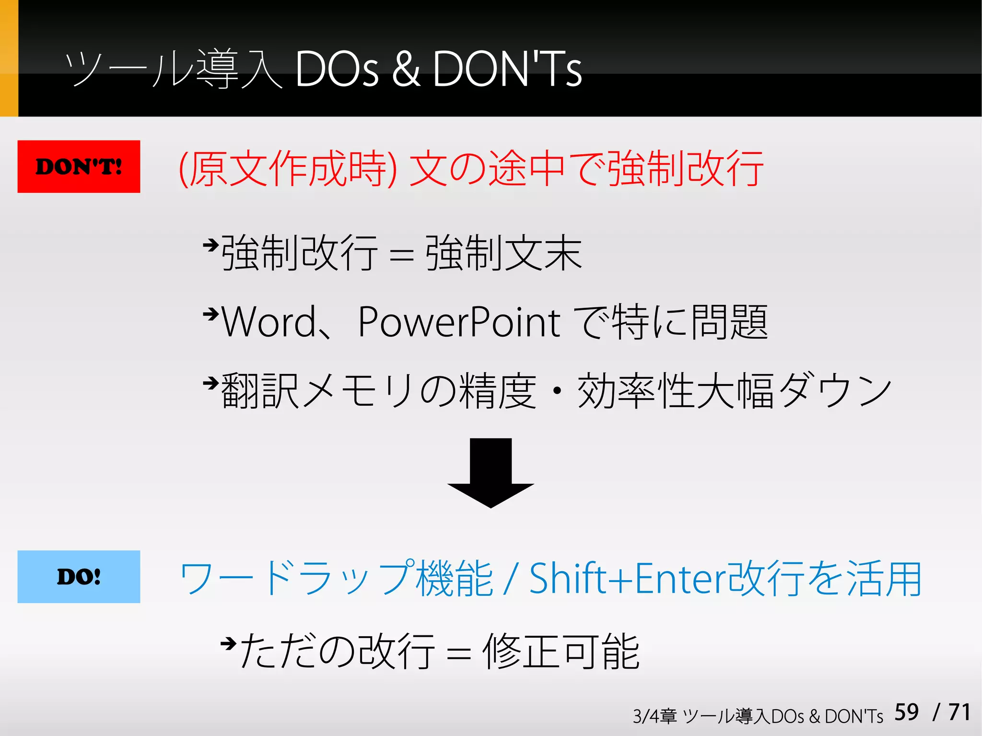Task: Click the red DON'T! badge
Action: pos(79,166)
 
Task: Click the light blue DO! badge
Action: pos(79,576)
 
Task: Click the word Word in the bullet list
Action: pos(269,322)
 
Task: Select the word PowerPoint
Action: pos(459,322)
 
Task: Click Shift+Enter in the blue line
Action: pos(628,579)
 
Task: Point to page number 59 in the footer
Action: pos(906,712)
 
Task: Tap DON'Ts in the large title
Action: pos(507,70)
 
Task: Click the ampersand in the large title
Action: pos(406,70)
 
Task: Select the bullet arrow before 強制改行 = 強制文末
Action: pos(210,245)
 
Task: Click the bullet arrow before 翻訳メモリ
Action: pos(210,383)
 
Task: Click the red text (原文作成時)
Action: pos(288,168)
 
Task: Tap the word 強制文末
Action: pos(503,253)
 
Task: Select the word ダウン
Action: pos(834,391)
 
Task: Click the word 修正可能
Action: pos(561,652)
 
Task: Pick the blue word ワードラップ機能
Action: pos(336,579)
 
